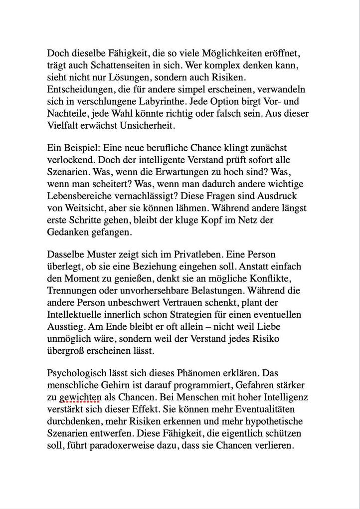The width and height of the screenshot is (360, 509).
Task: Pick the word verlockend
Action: pos(69,160)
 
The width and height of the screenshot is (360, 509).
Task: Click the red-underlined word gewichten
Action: pos(80,397)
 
